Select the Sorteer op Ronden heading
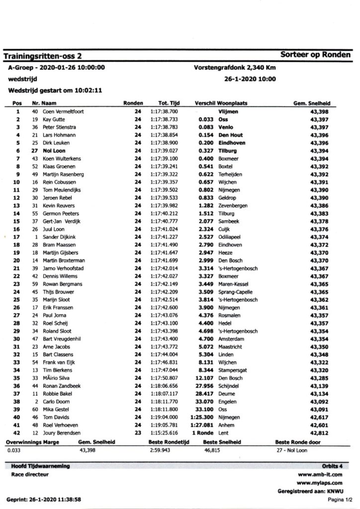coord(315,55)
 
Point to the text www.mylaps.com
coord(319,482)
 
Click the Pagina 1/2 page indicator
coord(340,499)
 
